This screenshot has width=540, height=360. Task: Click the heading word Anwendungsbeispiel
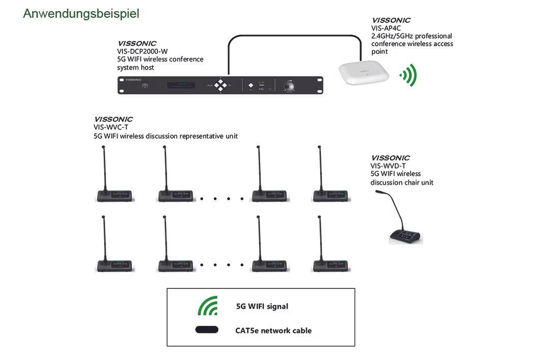(x=81, y=14)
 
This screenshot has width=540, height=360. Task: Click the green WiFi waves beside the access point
(x=409, y=75)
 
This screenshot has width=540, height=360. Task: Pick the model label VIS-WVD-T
(x=388, y=166)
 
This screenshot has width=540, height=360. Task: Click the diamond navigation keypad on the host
(x=220, y=85)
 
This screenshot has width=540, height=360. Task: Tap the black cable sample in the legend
(x=207, y=330)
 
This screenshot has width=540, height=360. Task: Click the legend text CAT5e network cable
(x=273, y=331)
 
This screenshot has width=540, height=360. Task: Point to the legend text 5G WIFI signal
(x=262, y=306)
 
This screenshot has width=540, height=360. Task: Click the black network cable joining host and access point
(x=295, y=36)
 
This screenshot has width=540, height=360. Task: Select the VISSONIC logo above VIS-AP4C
(x=391, y=20)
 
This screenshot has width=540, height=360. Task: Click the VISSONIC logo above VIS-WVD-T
(x=390, y=158)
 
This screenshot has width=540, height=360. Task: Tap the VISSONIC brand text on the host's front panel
(x=132, y=80)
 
